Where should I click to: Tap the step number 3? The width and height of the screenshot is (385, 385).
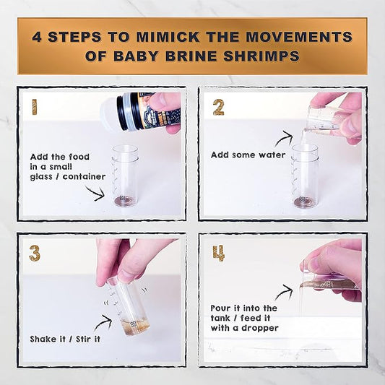coord(34,253)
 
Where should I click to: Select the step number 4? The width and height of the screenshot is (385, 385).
coord(219,254)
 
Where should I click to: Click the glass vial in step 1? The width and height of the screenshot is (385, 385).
coord(125,176)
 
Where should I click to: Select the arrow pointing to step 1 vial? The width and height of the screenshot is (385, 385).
coord(95,191)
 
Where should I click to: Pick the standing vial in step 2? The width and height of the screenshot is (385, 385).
coord(305,176)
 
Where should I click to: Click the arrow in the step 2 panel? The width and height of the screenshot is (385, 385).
coord(283,137)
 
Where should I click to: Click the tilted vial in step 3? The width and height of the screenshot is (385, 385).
coord(129,304)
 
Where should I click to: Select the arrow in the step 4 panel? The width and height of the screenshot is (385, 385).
coord(283,292)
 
